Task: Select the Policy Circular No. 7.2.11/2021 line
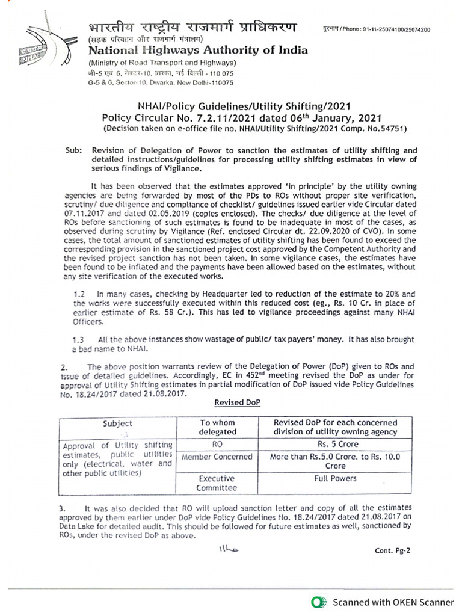tap(241, 118)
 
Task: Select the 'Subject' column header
tap(118, 423)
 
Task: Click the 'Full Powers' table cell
tap(335, 479)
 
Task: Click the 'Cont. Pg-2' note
tap(392, 550)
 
